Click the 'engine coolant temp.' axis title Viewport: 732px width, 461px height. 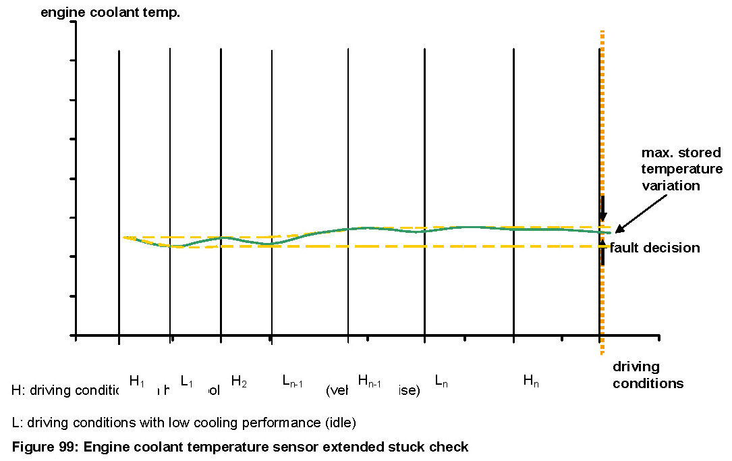110,12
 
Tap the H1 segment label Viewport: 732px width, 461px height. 137,381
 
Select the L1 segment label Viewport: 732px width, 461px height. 187,382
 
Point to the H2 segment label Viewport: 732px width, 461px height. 238,381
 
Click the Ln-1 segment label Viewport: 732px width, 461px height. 292,382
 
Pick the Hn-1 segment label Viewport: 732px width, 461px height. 370,382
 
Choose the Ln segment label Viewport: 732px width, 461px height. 441,382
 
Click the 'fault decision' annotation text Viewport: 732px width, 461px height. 655,248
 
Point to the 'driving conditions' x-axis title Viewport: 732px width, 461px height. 648,375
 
